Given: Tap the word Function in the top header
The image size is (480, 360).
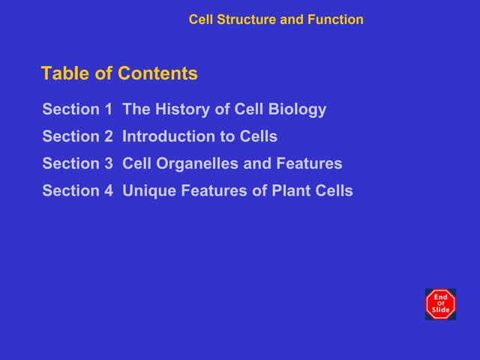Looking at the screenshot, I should pos(335,19).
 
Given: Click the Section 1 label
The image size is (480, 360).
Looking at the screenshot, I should pos(77,109).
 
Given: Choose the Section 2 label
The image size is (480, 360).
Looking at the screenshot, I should pos(77,136).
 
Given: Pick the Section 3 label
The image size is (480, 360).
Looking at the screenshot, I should pos(77,163).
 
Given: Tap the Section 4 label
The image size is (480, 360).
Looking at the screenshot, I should pos(77,190).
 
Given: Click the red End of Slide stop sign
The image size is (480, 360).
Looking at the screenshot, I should pos(440,304).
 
